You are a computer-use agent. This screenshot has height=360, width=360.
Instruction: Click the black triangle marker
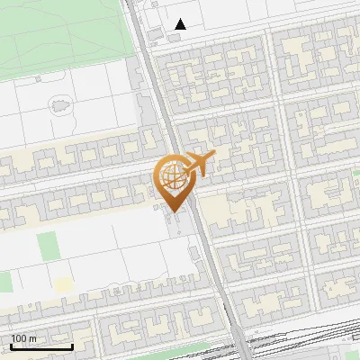[181, 24]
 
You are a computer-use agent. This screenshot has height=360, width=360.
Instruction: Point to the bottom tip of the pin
[172, 213]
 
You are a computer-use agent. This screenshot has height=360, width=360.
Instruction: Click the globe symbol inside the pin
[170, 174]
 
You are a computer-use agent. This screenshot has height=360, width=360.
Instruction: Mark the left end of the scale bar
[11, 346]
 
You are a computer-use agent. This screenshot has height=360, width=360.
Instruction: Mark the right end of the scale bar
[72, 346]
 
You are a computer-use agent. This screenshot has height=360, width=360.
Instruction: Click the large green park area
[63, 31]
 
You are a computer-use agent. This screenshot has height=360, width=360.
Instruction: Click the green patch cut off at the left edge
[4, 282]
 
